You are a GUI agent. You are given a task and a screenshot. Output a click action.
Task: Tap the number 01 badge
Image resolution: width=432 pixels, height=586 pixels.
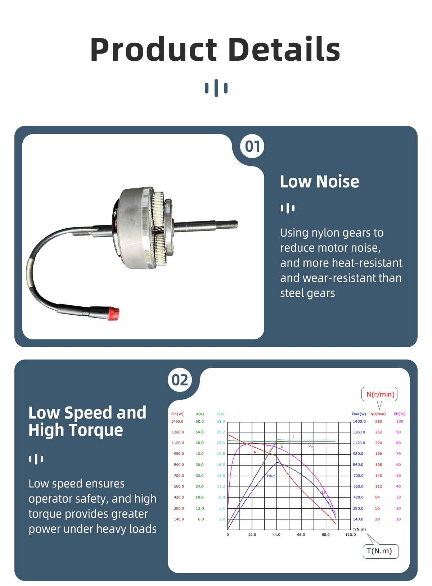(252, 146)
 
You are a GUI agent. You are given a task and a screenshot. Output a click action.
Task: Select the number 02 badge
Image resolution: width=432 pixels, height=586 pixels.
(180, 380)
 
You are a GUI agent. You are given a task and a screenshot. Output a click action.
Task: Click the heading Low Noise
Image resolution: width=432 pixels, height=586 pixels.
(319, 182)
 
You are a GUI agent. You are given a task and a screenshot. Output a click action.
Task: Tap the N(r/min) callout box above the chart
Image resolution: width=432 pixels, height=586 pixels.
(380, 394)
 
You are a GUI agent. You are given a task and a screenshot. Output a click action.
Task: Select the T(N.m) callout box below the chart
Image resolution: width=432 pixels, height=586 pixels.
(380, 551)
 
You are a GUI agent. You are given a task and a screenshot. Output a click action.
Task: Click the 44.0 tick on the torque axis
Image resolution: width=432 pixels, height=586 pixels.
(276, 535)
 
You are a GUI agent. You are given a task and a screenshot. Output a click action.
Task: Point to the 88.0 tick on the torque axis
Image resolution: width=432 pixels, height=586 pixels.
(325, 535)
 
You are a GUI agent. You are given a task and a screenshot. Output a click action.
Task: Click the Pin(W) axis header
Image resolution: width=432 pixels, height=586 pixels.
(177, 414)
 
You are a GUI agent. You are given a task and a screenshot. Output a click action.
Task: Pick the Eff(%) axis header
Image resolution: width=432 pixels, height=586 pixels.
(399, 414)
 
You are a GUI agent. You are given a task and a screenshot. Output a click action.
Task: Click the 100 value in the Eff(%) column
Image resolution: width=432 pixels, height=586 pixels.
(399, 421)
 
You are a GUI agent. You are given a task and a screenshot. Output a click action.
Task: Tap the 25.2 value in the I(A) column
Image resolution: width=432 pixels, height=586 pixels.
(221, 432)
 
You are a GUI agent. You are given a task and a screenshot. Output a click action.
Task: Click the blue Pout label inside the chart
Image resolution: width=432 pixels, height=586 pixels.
(271, 476)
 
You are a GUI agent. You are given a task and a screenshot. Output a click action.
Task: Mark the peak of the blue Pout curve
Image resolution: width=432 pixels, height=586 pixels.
(276, 462)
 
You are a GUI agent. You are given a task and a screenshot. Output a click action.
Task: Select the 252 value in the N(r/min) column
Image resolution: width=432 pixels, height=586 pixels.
(378, 432)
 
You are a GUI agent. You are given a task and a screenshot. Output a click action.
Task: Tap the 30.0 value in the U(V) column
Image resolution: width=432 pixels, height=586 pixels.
(199, 476)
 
